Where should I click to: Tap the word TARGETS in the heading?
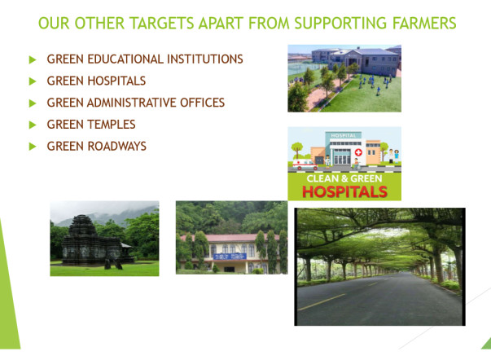point(162,23)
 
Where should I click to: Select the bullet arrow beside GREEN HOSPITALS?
point(33,81)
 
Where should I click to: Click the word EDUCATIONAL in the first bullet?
point(124,59)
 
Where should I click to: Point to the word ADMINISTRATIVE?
point(132,103)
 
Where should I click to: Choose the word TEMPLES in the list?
point(112,125)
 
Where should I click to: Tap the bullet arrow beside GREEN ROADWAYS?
point(33,147)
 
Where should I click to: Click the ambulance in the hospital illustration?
point(305,165)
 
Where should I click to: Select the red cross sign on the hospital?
point(358,152)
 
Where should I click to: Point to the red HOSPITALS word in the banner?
point(344,191)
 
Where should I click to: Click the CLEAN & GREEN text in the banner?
point(344,178)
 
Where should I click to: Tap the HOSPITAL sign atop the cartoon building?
point(344,135)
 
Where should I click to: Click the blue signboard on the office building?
point(230,257)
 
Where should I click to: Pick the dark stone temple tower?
point(82,227)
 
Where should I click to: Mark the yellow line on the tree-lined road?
point(322,302)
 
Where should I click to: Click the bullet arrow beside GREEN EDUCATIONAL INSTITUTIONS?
point(33,59)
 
